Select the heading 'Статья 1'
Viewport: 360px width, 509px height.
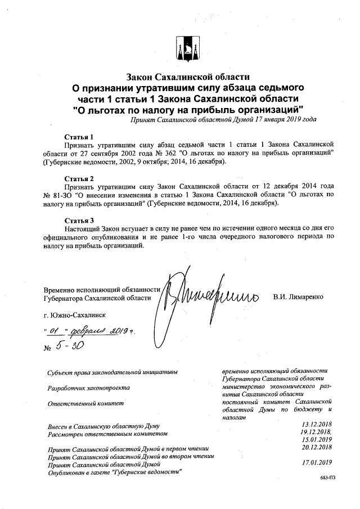(x=79, y=137)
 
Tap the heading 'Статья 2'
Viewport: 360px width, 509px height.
(x=79, y=178)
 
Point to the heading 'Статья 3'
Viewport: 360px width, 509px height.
(x=79, y=220)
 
